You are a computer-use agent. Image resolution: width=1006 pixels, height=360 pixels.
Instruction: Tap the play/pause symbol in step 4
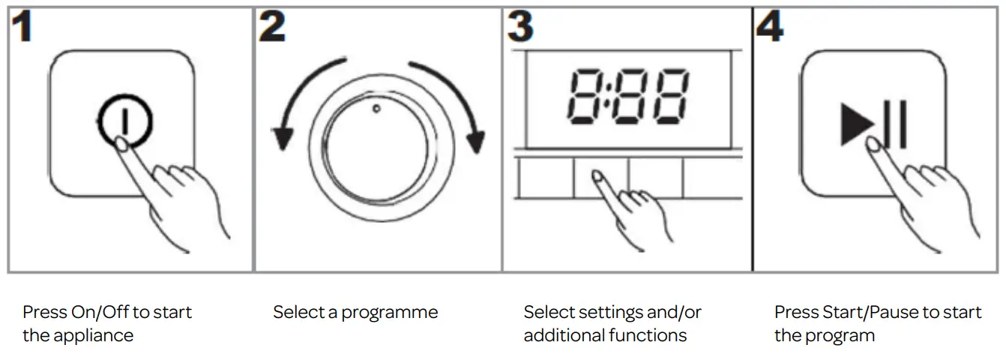[874, 124]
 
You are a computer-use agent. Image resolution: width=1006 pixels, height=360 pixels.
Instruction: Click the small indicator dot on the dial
[376, 108]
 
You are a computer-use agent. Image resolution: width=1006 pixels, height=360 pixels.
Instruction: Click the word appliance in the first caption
[92, 335]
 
